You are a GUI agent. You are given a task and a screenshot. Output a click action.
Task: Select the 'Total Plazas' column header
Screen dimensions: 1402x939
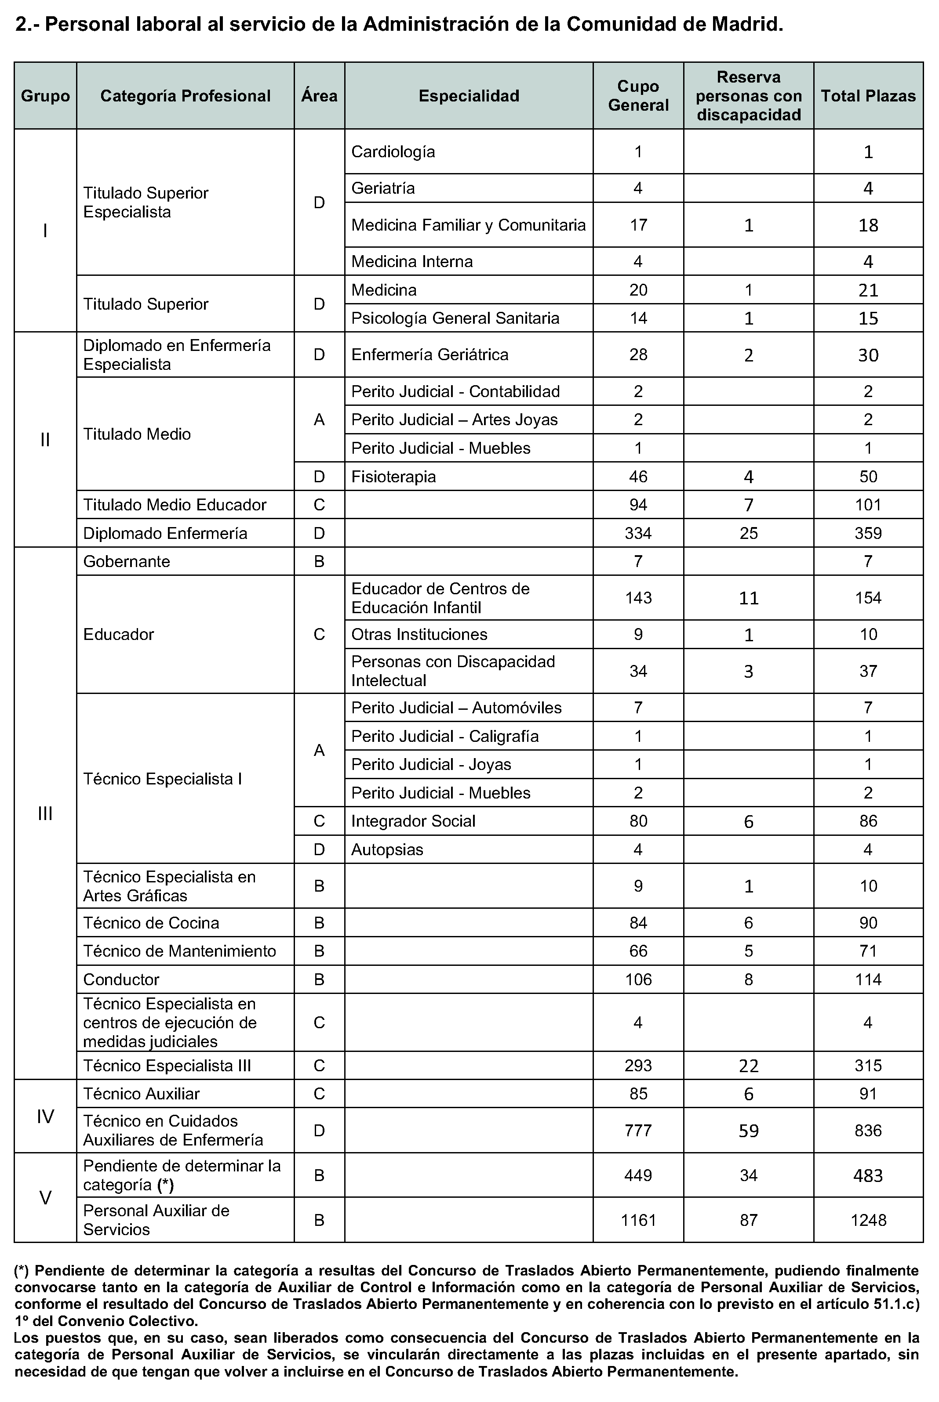click(868, 96)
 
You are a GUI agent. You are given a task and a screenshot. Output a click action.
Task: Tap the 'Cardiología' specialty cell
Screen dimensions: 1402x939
click(393, 152)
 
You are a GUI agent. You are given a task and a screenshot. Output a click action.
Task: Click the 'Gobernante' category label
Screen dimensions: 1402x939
click(126, 561)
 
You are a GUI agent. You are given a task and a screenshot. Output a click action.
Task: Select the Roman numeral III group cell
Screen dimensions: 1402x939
click(45, 813)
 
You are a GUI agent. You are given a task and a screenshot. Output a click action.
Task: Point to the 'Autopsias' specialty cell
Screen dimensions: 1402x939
click(387, 850)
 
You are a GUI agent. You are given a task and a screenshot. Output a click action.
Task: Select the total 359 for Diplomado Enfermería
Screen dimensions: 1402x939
click(868, 533)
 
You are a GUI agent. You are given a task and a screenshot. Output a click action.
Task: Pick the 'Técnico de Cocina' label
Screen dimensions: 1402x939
click(151, 923)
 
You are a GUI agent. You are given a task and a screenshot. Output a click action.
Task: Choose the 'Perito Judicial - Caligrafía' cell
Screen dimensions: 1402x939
click(444, 736)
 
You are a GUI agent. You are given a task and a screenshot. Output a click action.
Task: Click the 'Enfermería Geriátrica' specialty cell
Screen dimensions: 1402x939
click(429, 355)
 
